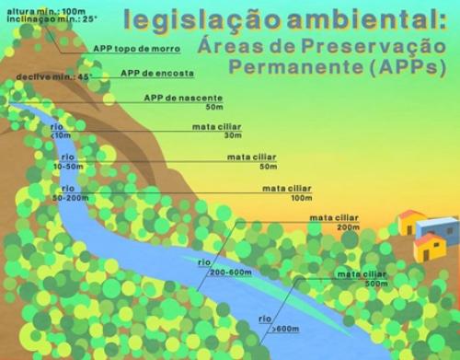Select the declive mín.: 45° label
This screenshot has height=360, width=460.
click(x=33, y=77)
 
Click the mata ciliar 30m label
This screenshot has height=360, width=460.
click(x=216, y=130)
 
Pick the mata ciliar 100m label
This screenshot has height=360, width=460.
click(x=287, y=192)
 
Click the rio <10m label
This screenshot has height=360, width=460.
click(x=61, y=131)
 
